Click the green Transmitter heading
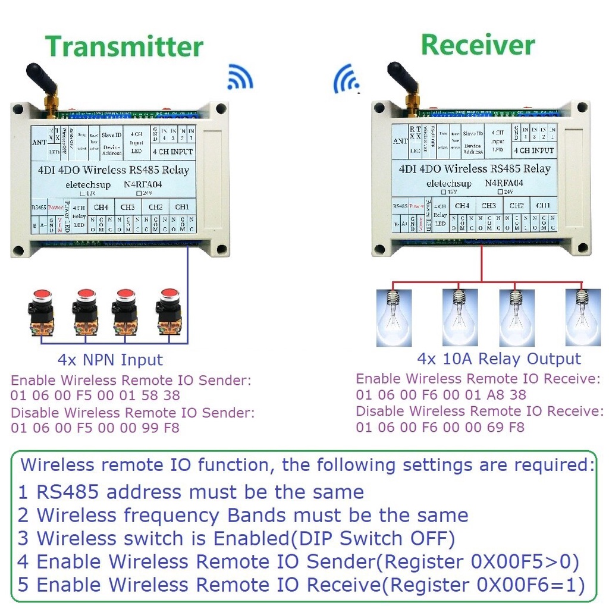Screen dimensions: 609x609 [124, 47]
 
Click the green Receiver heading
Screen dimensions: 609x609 [478, 45]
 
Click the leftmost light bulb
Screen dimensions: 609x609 [394, 316]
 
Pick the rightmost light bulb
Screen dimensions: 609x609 [582, 316]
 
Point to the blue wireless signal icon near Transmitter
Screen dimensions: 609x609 [240, 77]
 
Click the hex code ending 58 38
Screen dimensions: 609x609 [95, 395]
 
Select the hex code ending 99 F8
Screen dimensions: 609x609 [95, 428]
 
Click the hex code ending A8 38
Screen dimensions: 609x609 [441, 394]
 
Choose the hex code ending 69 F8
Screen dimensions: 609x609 [440, 426]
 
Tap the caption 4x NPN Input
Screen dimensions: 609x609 [110, 360]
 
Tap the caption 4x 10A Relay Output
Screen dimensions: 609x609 [498, 359]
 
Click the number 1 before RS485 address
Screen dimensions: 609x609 [23, 492]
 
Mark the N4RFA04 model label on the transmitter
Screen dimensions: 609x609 [143, 185]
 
